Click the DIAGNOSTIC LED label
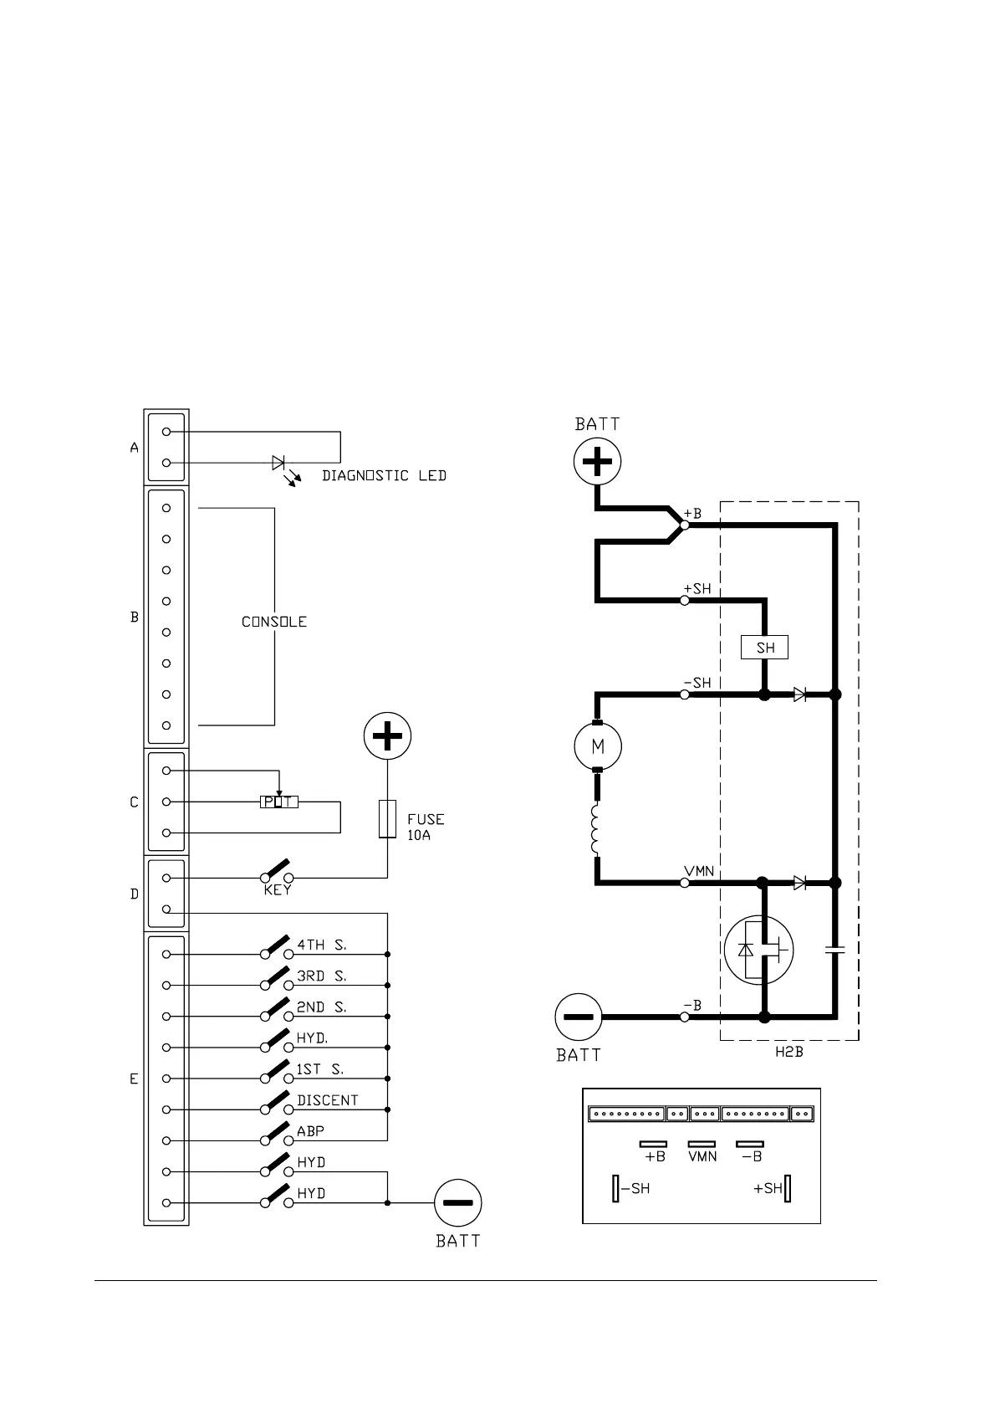click(384, 476)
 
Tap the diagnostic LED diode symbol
click(278, 463)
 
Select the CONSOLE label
click(274, 622)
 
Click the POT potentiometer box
click(278, 802)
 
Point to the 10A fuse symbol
click(387, 818)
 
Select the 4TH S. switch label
click(322, 945)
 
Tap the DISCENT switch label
click(328, 1100)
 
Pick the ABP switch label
click(311, 1131)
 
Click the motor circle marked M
click(597, 745)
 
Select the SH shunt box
click(765, 648)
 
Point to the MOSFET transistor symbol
click(758, 950)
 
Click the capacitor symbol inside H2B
click(834, 950)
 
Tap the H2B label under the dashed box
click(788, 1053)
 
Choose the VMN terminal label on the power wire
click(699, 871)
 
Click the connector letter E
click(134, 1079)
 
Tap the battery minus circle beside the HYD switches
click(458, 1203)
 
